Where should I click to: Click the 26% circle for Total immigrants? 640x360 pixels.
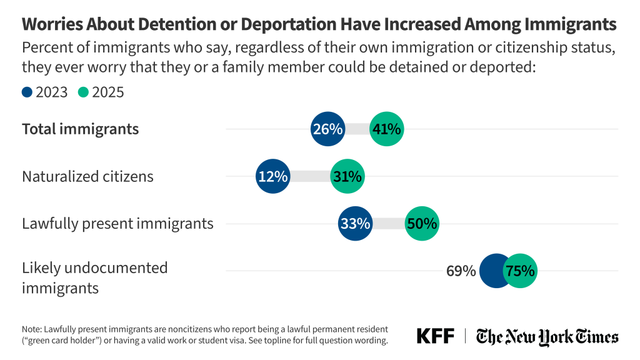(x=327, y=129)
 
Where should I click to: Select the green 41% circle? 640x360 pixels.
(x=386, y=129)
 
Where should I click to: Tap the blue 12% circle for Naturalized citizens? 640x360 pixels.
(x=272, y=177)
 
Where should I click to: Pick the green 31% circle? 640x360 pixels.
(x=347, y=177)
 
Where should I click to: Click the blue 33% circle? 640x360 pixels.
(x=356, y=224)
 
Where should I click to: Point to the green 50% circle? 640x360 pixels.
(x=422, y=224)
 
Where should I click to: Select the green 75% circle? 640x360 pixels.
(x=519, y=271)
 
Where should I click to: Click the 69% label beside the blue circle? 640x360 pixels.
(x=461, y=271)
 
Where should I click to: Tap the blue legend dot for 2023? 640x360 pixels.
(x=27, y=92)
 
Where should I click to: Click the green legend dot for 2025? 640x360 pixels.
(x=83, y=92)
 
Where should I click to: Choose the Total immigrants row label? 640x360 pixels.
(x=80, y=129)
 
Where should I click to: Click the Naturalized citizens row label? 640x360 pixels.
(x=87, y=177)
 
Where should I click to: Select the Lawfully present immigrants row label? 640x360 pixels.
(x=117, y=224)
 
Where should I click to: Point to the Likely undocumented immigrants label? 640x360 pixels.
(x=94, y=278)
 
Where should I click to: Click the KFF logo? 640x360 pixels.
(x=436, y=336)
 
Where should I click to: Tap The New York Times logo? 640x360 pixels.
(x=547, y=336)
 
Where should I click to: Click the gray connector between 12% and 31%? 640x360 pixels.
(x=310, y=177)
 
